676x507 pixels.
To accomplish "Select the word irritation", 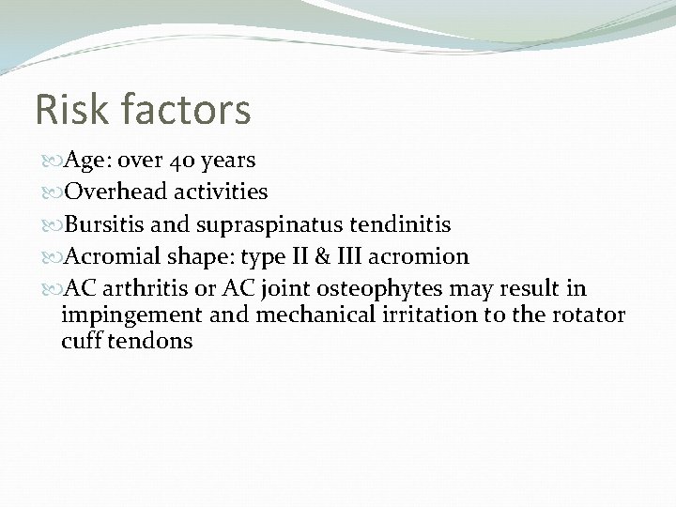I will pyautogui.click(x=427, y=315).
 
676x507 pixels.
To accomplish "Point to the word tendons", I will pyautogui.click(x=153, y=341).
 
